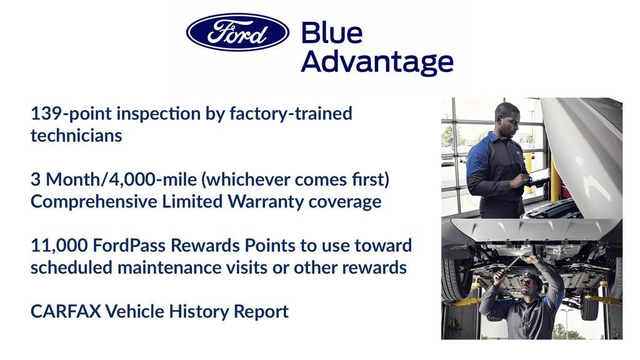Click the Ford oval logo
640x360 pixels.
[x=237, y=32]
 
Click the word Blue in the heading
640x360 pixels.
[x=331, y=32]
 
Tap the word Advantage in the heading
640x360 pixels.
[x=377, y=61]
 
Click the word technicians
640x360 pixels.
[x=76, y=136]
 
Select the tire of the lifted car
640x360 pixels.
[x=454, y=278]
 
